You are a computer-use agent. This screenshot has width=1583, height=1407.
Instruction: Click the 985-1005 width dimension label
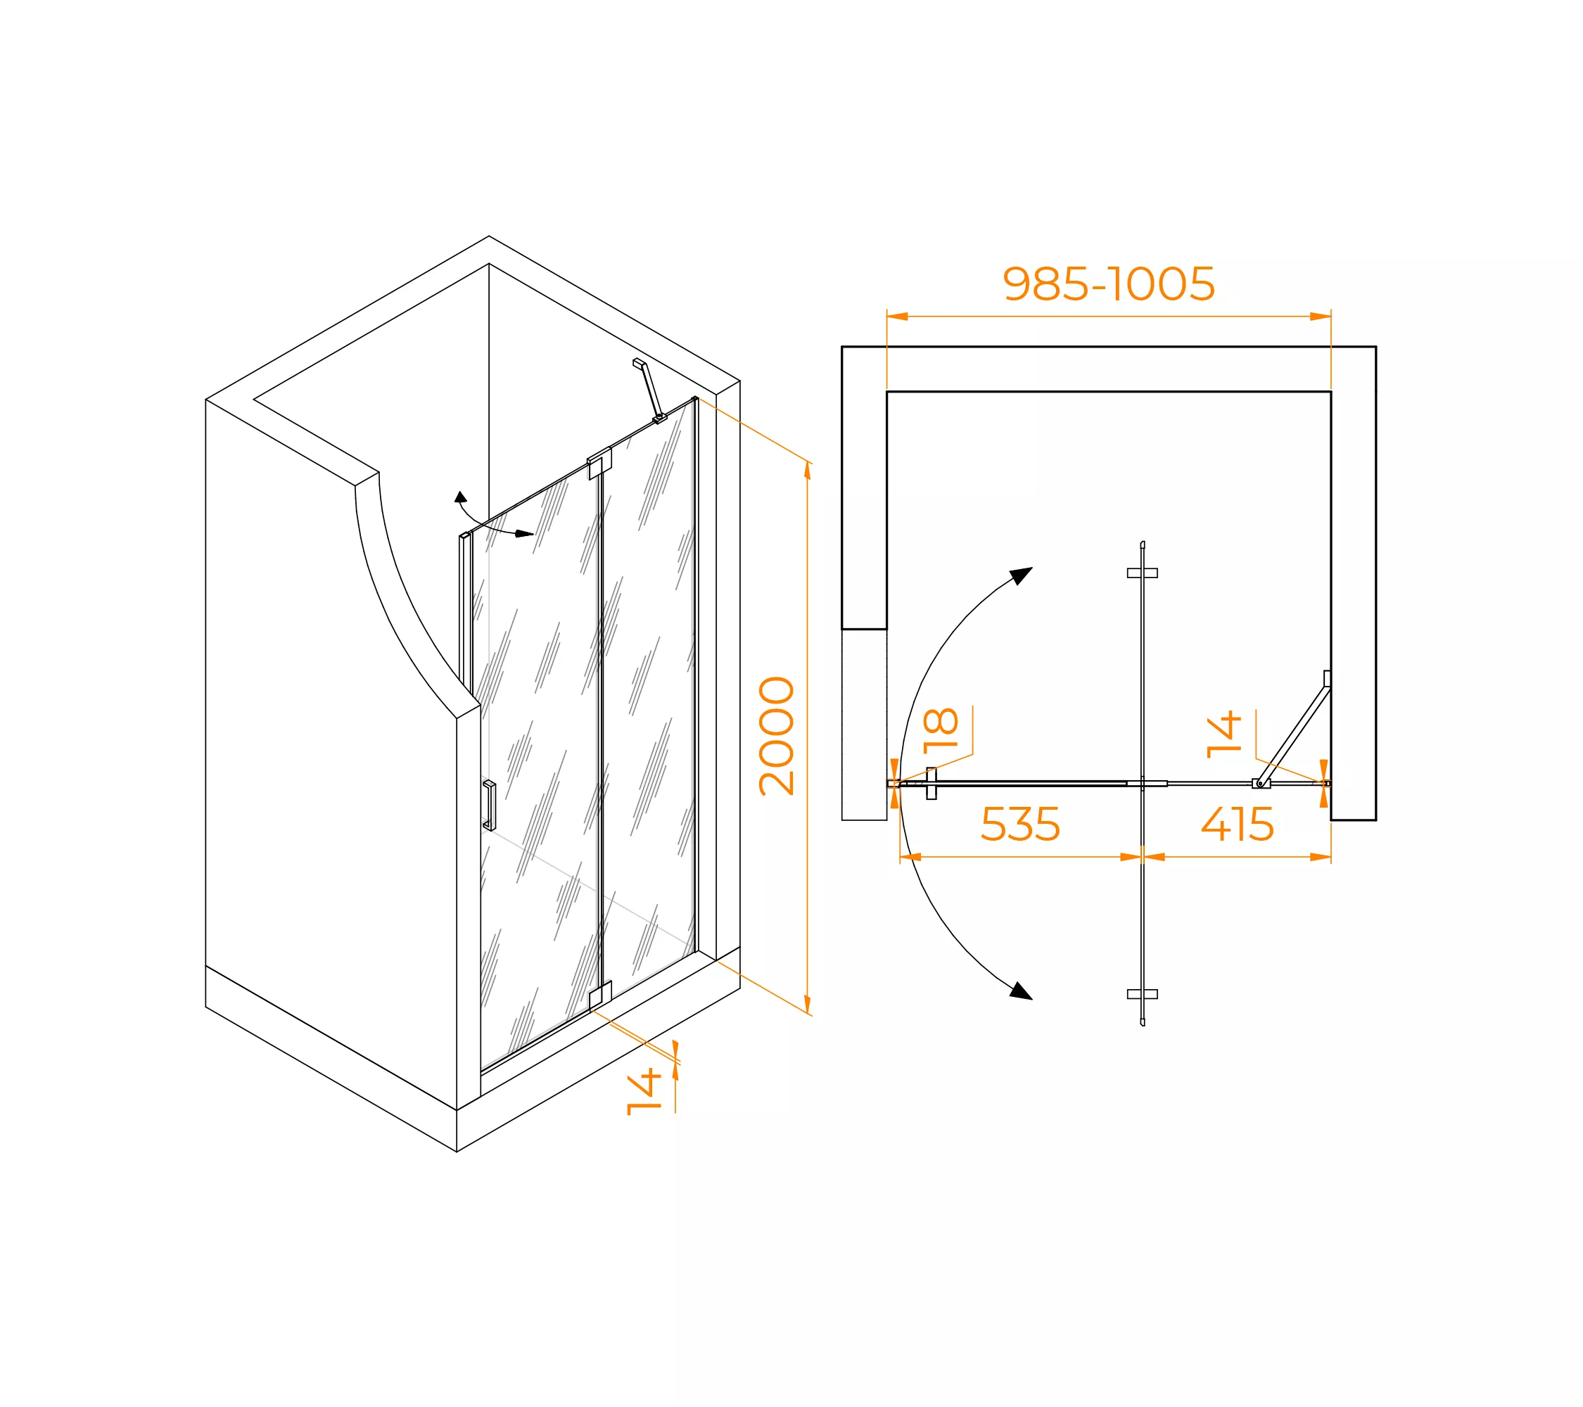pos(1108,284)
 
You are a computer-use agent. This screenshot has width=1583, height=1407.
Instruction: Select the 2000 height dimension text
pos(777,736)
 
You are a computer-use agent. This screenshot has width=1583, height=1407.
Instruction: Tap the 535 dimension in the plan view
pos(1020,824)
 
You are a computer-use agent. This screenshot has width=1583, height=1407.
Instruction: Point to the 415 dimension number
pos(1237,824)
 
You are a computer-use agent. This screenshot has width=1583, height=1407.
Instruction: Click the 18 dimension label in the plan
pos(941,730)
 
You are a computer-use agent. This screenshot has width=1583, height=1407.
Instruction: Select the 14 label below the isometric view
pos(644,1092)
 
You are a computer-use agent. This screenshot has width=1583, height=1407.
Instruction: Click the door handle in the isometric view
pos(490,806)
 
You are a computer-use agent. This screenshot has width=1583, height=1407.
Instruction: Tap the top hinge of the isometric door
pos(599,463)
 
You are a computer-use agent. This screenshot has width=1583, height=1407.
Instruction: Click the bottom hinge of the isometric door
pos(600,996)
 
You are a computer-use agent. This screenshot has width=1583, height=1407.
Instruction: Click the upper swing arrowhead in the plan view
pos(1022,575)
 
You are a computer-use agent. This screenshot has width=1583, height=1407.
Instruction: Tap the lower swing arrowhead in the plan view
pos(1021,991)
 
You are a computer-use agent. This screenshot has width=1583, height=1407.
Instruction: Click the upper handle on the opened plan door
pos(1143,573)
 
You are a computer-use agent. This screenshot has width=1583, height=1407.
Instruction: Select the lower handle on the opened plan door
pos(1143,994)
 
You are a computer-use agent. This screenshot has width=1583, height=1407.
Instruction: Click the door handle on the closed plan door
pos(932,783)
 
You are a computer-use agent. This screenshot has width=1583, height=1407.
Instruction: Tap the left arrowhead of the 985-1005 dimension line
pos(898,316)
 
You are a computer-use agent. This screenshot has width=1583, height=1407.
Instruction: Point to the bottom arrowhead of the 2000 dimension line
pos(808,1005)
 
